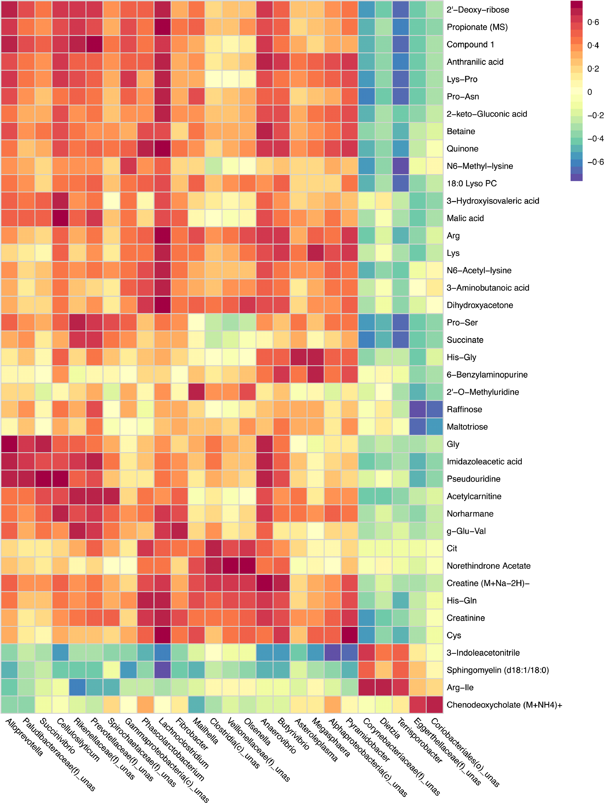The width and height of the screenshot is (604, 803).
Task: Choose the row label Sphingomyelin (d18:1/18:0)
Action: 498,670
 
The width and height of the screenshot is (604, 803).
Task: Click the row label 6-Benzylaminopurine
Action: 487,375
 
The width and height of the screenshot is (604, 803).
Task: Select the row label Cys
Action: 454,635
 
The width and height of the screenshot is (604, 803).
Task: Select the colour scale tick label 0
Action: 590,92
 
